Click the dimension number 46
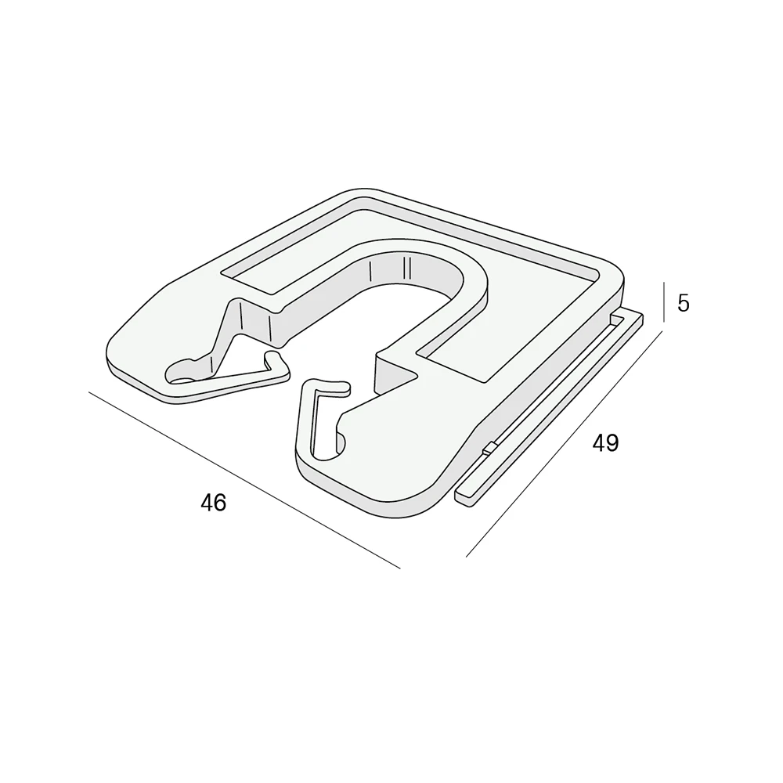point(213,503)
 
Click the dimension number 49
point(605,443)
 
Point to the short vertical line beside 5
point(664,302)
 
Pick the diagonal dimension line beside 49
point(565,443)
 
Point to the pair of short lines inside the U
point(406,268)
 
